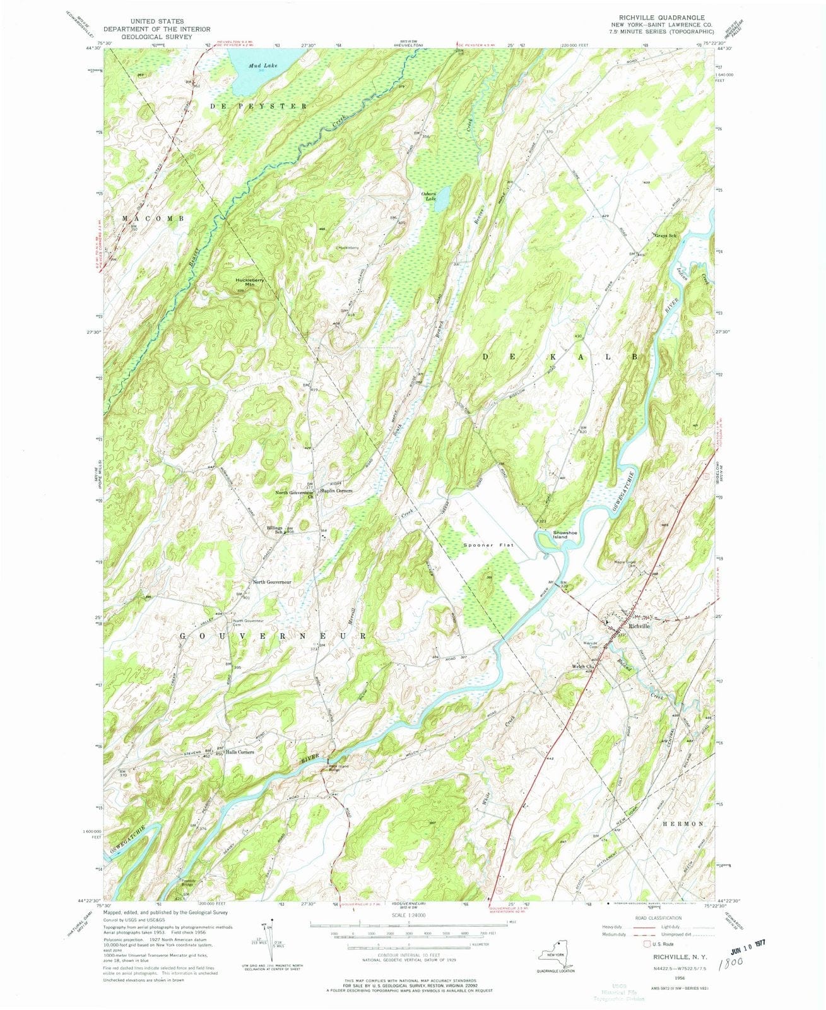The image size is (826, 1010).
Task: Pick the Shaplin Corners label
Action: pos(336,490)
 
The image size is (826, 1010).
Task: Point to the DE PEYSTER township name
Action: pos(258,106)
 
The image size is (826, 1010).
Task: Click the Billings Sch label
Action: pos(274,529)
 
